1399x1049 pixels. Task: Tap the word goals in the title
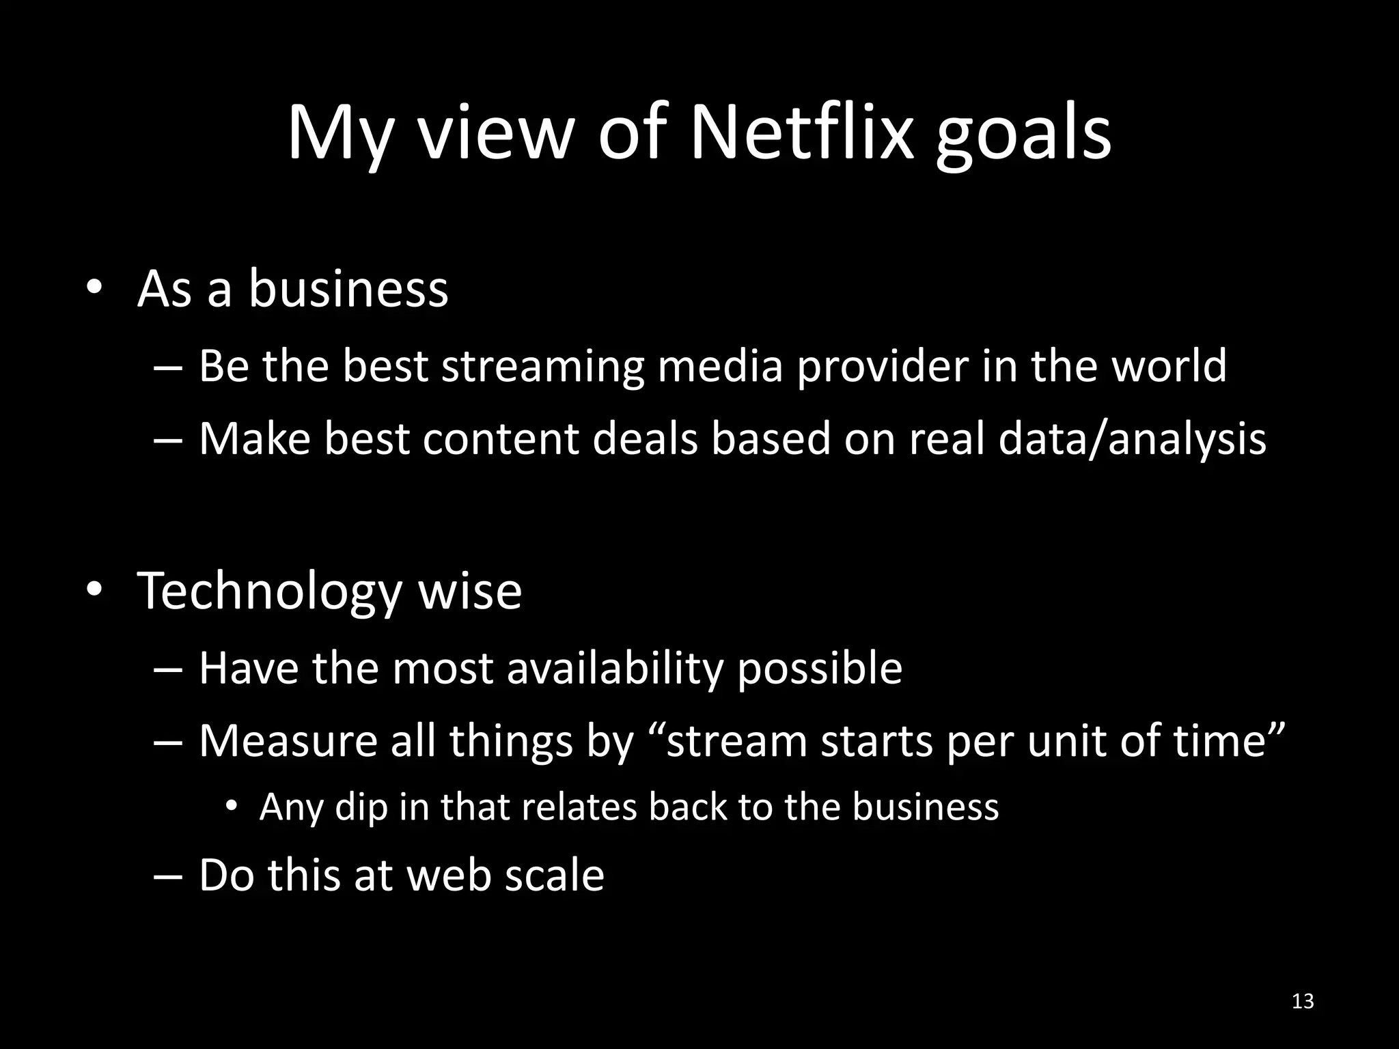click(1023, 137)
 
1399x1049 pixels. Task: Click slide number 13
click(1303, 1001)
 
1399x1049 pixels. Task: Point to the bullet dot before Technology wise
click(94, 590)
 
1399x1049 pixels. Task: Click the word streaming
click(542, 367)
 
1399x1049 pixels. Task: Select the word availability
click(614, 669)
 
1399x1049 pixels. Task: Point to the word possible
click(819, 670)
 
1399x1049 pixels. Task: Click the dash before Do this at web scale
click(167, 876)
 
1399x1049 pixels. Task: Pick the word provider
click(882, 367)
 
